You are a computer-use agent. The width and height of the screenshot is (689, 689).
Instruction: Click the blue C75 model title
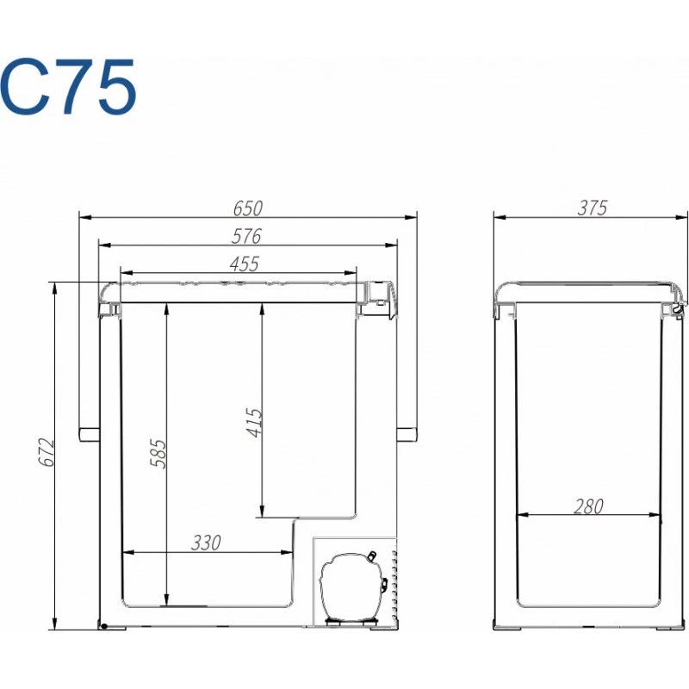tap(68, 87)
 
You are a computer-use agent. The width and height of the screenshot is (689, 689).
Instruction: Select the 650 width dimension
tap(248, 208)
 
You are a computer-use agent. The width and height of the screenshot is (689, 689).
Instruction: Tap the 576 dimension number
tap(246, 236)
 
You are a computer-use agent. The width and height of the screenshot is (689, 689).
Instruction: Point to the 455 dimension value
tap(245, 264)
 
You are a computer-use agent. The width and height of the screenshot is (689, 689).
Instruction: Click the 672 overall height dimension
tap(47, 452)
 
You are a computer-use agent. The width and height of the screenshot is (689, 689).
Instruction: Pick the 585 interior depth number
tap(158, 454)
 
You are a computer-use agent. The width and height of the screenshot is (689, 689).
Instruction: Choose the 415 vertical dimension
tap(254, 423)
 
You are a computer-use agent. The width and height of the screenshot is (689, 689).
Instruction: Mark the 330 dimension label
tap(206, 543)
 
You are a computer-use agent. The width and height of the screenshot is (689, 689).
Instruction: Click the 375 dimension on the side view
tap(593, 208)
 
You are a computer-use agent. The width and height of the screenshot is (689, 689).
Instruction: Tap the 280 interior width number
tap(589, 506)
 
